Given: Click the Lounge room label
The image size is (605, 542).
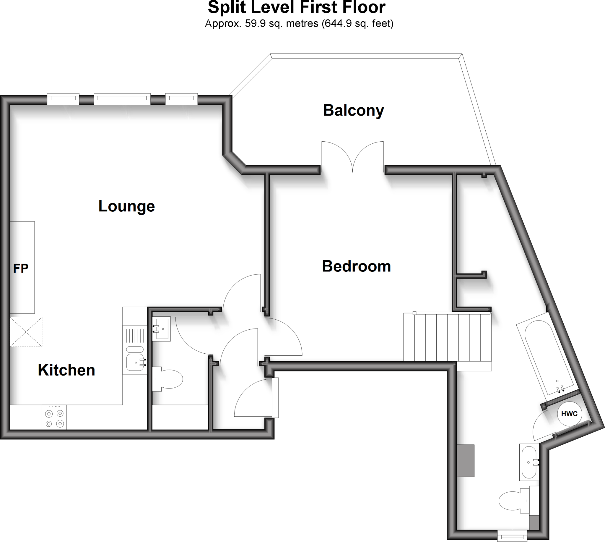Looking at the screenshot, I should [126, 206].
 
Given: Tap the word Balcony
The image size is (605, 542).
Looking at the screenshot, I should [353, 111].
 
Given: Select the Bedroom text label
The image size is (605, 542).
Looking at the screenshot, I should [356, 266].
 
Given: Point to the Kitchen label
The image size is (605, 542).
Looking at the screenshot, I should [66, 370].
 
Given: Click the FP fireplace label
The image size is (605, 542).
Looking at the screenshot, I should [21, 268].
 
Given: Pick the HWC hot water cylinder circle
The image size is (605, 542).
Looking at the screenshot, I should [569, 414].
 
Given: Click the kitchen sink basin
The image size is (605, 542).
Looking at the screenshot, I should [135, 362].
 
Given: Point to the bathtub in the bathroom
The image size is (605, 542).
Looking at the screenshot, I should [547, 356].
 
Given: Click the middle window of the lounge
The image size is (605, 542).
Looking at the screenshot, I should [122, 99].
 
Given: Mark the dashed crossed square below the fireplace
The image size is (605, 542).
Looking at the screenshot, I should [26, 332].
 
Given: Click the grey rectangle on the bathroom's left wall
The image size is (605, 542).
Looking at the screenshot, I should [466, 461].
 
